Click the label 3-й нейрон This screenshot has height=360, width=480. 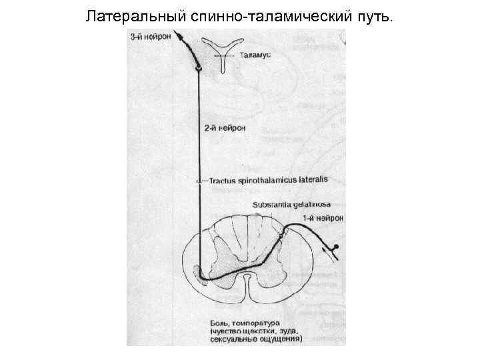[x=150, y=37]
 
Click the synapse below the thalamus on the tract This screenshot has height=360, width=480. [x=199, y=69]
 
